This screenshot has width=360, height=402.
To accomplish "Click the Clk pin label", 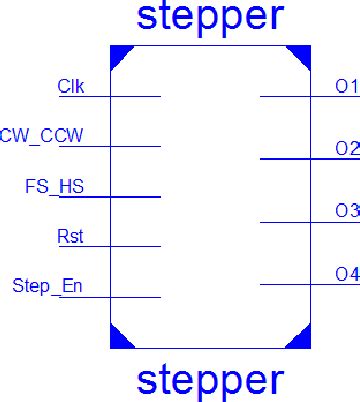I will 70,86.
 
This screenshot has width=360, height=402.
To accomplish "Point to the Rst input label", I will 71,236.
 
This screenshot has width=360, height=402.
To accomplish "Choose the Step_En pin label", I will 47,287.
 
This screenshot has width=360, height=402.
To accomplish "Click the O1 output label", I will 346,87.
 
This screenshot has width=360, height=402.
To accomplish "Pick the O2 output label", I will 346,148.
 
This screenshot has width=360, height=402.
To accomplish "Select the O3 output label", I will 346,210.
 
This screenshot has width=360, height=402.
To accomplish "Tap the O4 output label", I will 346,273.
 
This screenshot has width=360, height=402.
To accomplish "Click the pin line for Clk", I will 135,97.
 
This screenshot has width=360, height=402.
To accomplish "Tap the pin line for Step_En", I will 135,297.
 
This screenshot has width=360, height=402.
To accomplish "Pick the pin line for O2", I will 285,158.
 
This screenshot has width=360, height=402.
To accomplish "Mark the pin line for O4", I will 285,284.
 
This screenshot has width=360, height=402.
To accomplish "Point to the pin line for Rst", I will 135,246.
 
